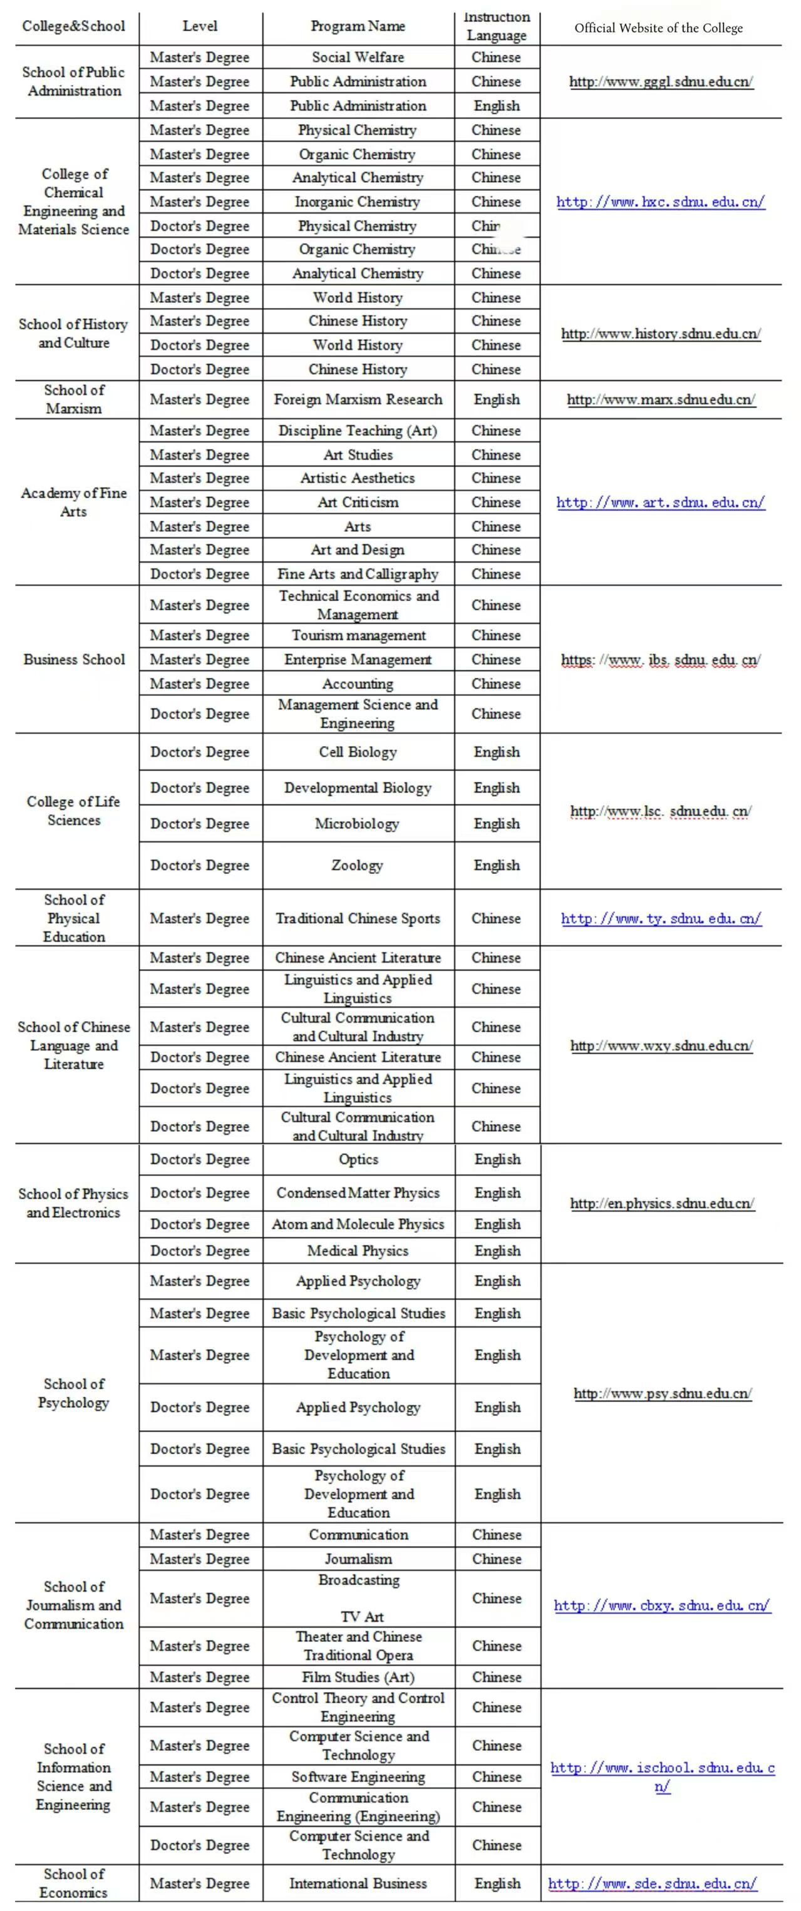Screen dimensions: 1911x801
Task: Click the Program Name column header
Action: (358, 27)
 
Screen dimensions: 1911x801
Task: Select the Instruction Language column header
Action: (497, 27)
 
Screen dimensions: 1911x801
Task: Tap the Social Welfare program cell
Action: (358, 57)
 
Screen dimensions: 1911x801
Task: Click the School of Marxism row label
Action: (75, 399)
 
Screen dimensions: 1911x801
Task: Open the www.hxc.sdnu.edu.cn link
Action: (660, 202)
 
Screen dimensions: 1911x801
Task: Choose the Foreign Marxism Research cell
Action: (358, 400)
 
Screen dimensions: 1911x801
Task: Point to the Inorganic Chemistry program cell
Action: (358, 202)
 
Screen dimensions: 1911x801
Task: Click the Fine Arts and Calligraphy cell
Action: (358, 574)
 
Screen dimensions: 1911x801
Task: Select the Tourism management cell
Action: (358, 636)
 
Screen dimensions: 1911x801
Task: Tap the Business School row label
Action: (75, 660)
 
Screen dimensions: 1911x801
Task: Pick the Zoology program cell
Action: (358, 866)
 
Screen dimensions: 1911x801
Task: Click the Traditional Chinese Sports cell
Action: (358, 918)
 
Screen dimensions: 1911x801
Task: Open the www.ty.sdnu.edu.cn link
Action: (661, 918)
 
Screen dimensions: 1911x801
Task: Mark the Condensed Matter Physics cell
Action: (358, 1193)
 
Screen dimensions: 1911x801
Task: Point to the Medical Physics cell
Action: (358, 1251)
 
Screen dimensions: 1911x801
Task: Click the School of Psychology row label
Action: (75, 1393)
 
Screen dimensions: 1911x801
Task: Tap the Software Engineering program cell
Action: (358, 1776)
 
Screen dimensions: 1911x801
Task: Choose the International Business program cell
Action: (358, 1883)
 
